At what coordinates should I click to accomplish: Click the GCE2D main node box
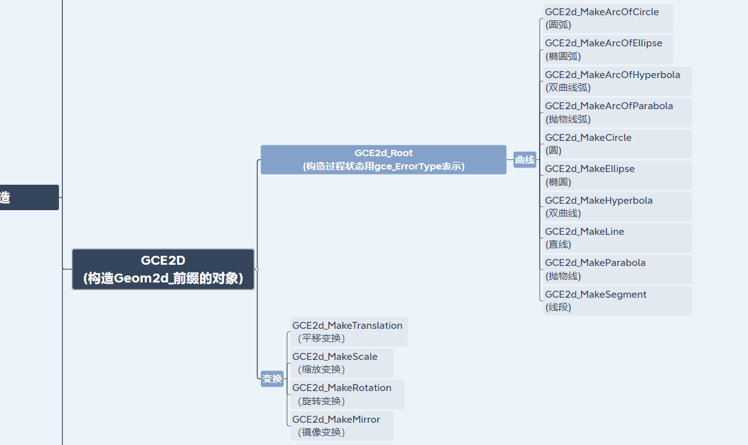(x=163, y=269)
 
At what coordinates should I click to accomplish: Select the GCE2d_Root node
(x=384, y=159)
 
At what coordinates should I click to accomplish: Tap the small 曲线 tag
(x=524, y=160)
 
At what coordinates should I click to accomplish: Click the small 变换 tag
(x=272, y=379)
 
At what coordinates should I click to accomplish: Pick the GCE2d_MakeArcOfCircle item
(x=608, y=18)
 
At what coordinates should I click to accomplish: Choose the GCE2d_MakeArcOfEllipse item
(x=608, y=50)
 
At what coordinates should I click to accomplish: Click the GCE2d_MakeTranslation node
(x=349, y=332)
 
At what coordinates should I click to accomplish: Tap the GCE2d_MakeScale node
(x=342, y=363)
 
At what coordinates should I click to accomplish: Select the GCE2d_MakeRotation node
(x=347, y=394)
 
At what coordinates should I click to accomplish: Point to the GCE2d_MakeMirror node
(x=342, y=426)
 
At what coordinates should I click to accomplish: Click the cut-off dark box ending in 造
(x=29, y=197)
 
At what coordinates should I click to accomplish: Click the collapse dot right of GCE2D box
(x=257, y=269)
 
